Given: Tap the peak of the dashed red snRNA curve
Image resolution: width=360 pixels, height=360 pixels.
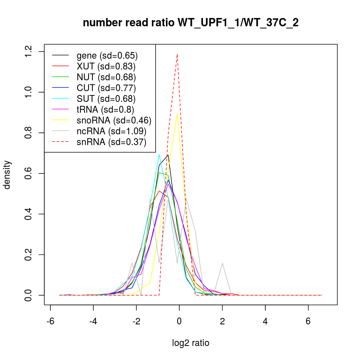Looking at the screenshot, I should [177, 54].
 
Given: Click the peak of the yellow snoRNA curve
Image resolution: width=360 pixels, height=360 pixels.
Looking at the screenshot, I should [177, 114].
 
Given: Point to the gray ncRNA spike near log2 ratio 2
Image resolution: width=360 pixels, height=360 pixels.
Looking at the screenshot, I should [222, 263].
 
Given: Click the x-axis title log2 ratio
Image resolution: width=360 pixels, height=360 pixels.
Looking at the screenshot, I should [191, 343].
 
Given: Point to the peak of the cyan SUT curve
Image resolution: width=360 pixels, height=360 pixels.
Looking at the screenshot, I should [159, 154].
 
